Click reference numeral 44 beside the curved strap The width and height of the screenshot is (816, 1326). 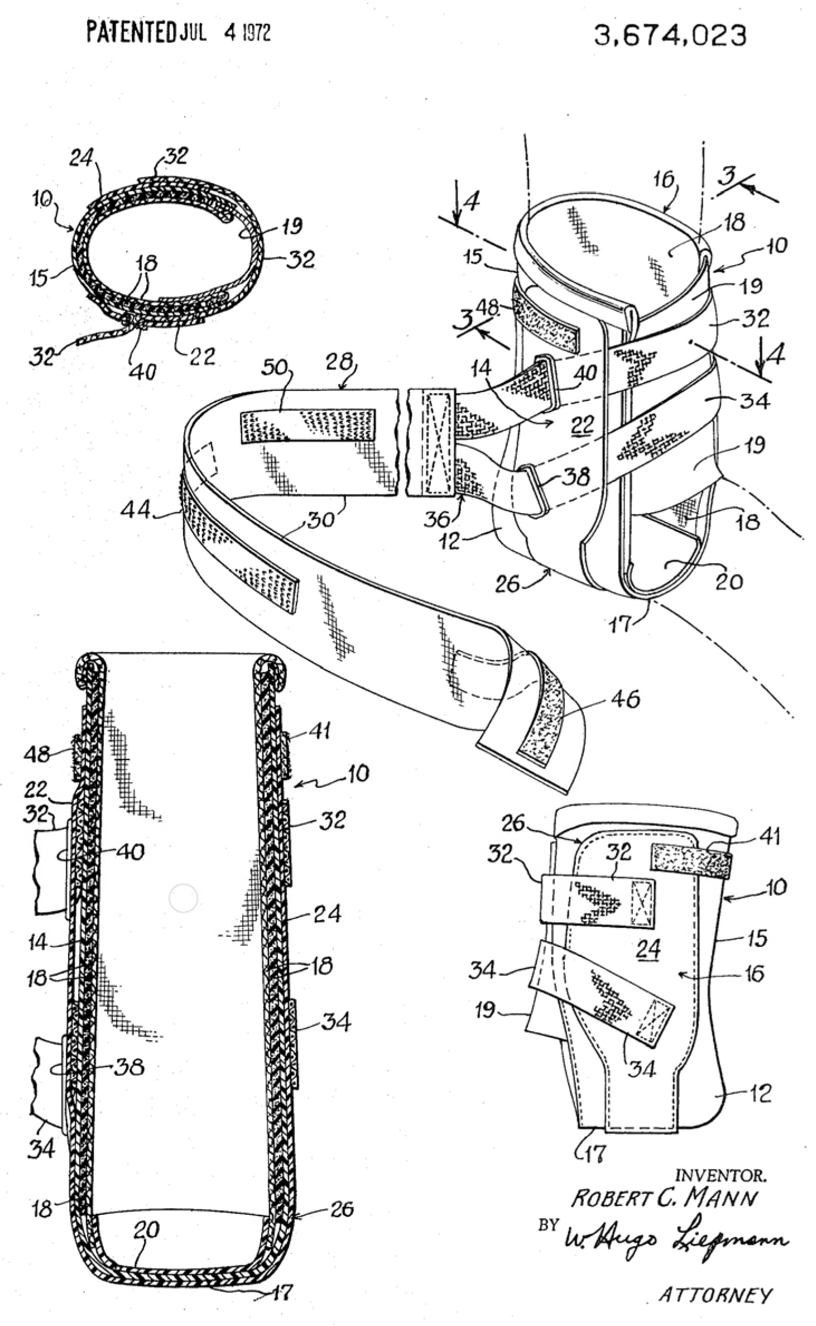coord(135,509)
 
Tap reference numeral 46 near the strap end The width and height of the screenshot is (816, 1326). coord(625,699)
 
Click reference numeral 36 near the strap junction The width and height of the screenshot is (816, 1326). coord(436,519)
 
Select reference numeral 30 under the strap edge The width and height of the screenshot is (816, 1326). coord(321,520)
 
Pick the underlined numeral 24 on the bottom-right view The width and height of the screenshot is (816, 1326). coord(648,948)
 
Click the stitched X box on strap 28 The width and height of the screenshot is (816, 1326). coord(438,443)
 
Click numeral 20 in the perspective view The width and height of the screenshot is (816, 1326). coord(728,582)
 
